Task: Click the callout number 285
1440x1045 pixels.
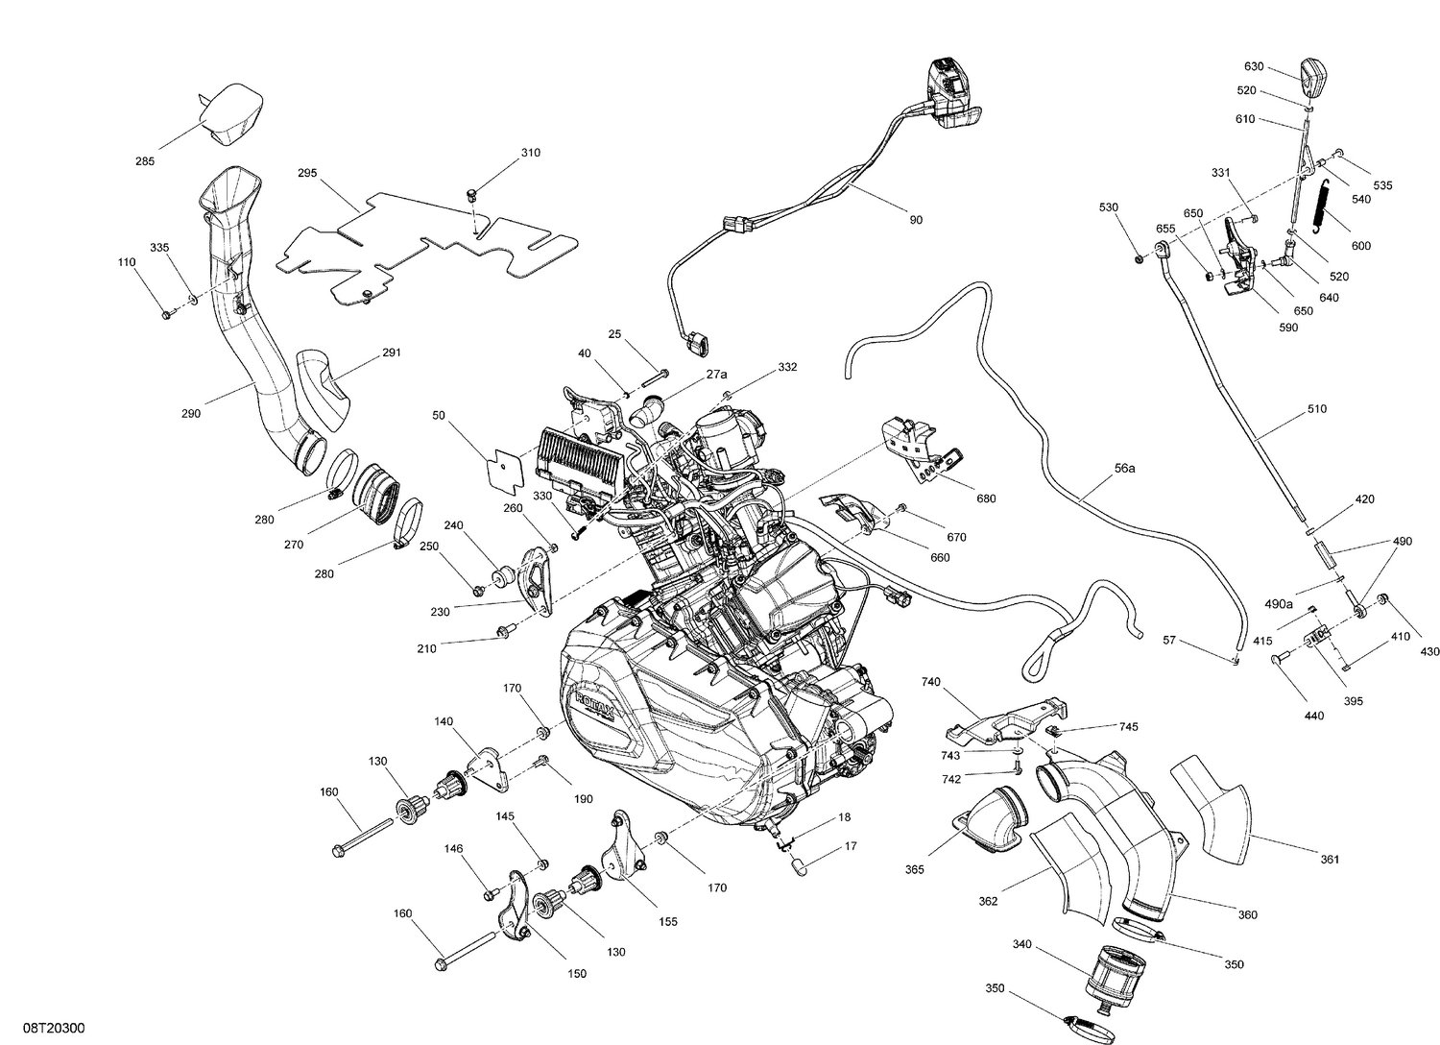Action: (x=144, y=161)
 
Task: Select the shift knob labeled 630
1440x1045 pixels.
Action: (x=1312, y=76)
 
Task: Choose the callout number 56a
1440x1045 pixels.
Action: (x=1125, y=469)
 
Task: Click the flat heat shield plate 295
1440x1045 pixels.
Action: (x=422, y=245)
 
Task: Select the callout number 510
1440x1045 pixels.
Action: (x=1316, y=409)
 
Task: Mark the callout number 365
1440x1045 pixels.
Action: (x=914, y=869)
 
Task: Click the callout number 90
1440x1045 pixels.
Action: (x=916, y=220)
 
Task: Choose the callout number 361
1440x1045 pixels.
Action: (x=1330, y=860)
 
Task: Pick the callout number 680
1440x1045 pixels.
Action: (x=986, y=498)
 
